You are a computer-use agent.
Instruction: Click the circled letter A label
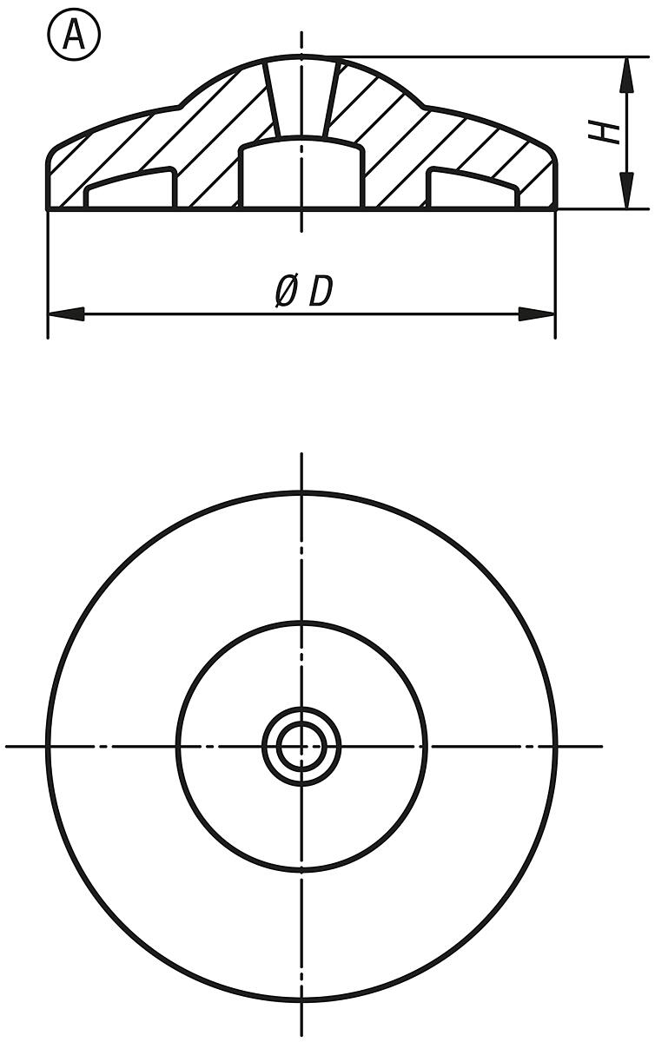pos(74,36)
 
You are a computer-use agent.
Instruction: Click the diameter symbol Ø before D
pos(286,292)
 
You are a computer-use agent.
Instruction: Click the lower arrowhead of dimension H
pos(624,194)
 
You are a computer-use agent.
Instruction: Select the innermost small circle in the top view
pos(301,745)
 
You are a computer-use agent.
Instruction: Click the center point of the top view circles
pos(301,745)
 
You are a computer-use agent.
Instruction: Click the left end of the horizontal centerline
pos(8,745)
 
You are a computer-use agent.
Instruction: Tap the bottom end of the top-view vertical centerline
pos(301,1035)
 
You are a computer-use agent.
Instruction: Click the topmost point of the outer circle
pos(301,492)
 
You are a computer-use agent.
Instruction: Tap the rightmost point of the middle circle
pos(427,745)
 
